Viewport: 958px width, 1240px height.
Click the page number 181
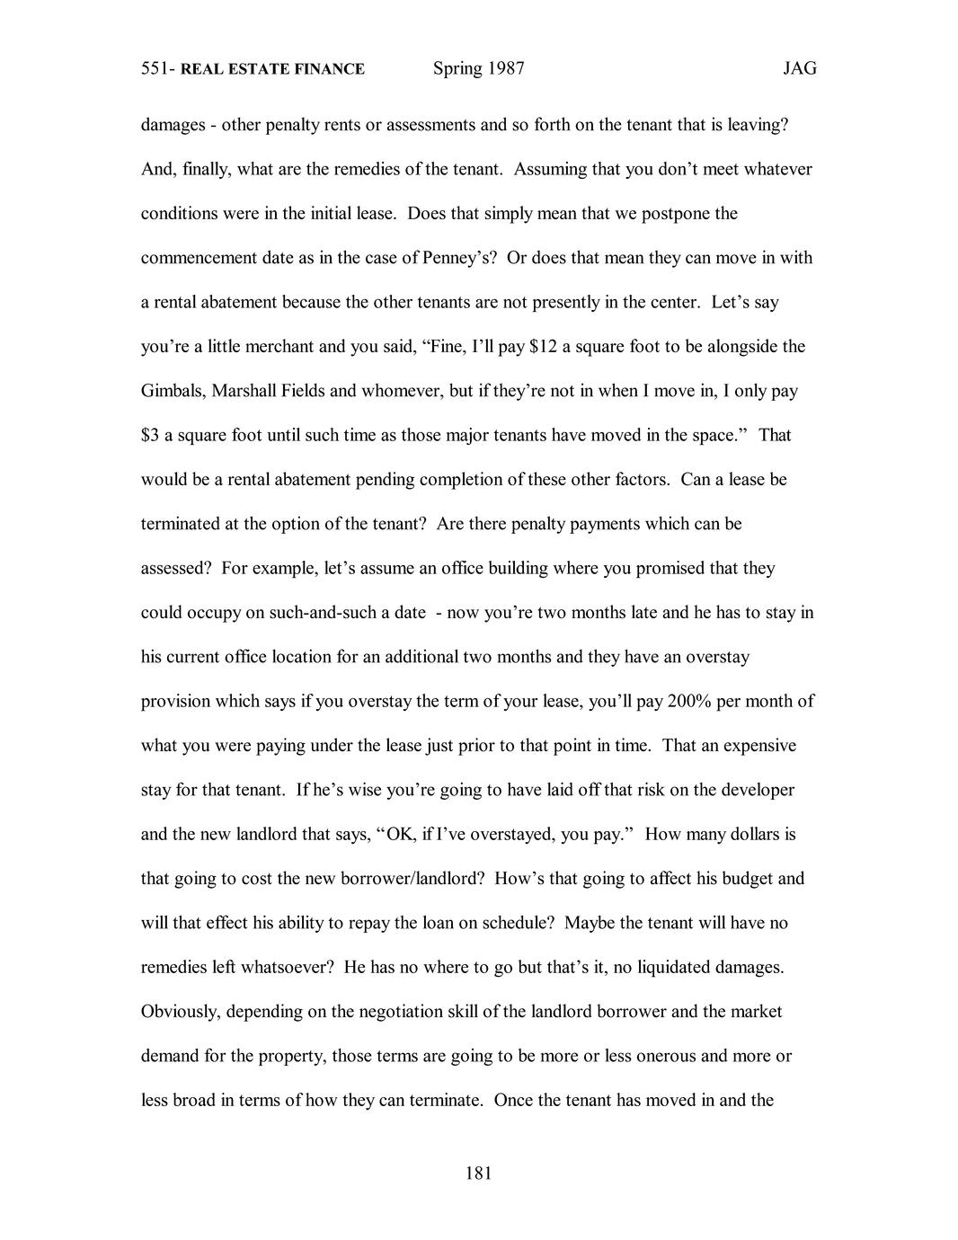tap(478, 1173)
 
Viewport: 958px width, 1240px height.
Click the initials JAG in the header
tap(799, 68)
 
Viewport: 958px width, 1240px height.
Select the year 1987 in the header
tap(504, 68)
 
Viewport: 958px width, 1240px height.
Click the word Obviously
tap(179, 1012)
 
